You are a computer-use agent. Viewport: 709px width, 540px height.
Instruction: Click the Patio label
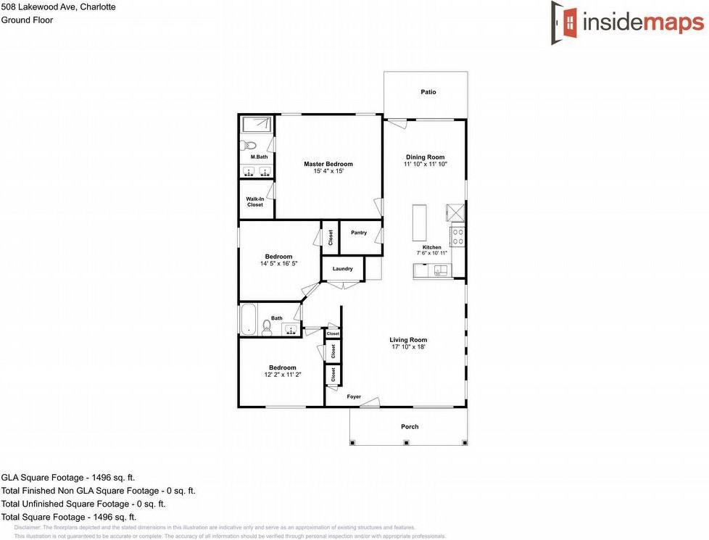pos(428,92)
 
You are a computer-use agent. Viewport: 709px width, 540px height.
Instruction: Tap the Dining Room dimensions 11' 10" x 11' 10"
pos(425,165)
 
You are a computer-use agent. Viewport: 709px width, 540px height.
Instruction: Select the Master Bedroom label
pos(328,164)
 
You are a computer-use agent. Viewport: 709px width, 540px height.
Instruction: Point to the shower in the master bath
pos(257,124)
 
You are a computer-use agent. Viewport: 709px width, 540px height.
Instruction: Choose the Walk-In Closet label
pos(254,202)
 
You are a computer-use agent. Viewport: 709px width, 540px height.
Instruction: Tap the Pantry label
pos(359,233)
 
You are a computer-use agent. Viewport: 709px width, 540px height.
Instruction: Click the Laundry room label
pos(343,269)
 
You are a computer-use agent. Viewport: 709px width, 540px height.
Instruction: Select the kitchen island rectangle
pos(420,223)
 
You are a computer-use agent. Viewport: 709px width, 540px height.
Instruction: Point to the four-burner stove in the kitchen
pos(457,236)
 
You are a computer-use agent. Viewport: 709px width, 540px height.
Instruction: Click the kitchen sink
pos(440,271)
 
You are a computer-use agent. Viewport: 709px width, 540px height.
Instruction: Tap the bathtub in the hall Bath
pos(248,319)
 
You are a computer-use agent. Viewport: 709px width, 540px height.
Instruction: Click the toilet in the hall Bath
pos(267,328)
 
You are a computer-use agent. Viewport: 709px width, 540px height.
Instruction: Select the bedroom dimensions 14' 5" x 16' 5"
pos(278,264)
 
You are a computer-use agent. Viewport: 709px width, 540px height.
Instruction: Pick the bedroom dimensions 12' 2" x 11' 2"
pos(282,375)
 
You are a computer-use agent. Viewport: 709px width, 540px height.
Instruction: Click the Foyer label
pos(354,396)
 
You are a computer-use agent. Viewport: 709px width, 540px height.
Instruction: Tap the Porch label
pos(410,427)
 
